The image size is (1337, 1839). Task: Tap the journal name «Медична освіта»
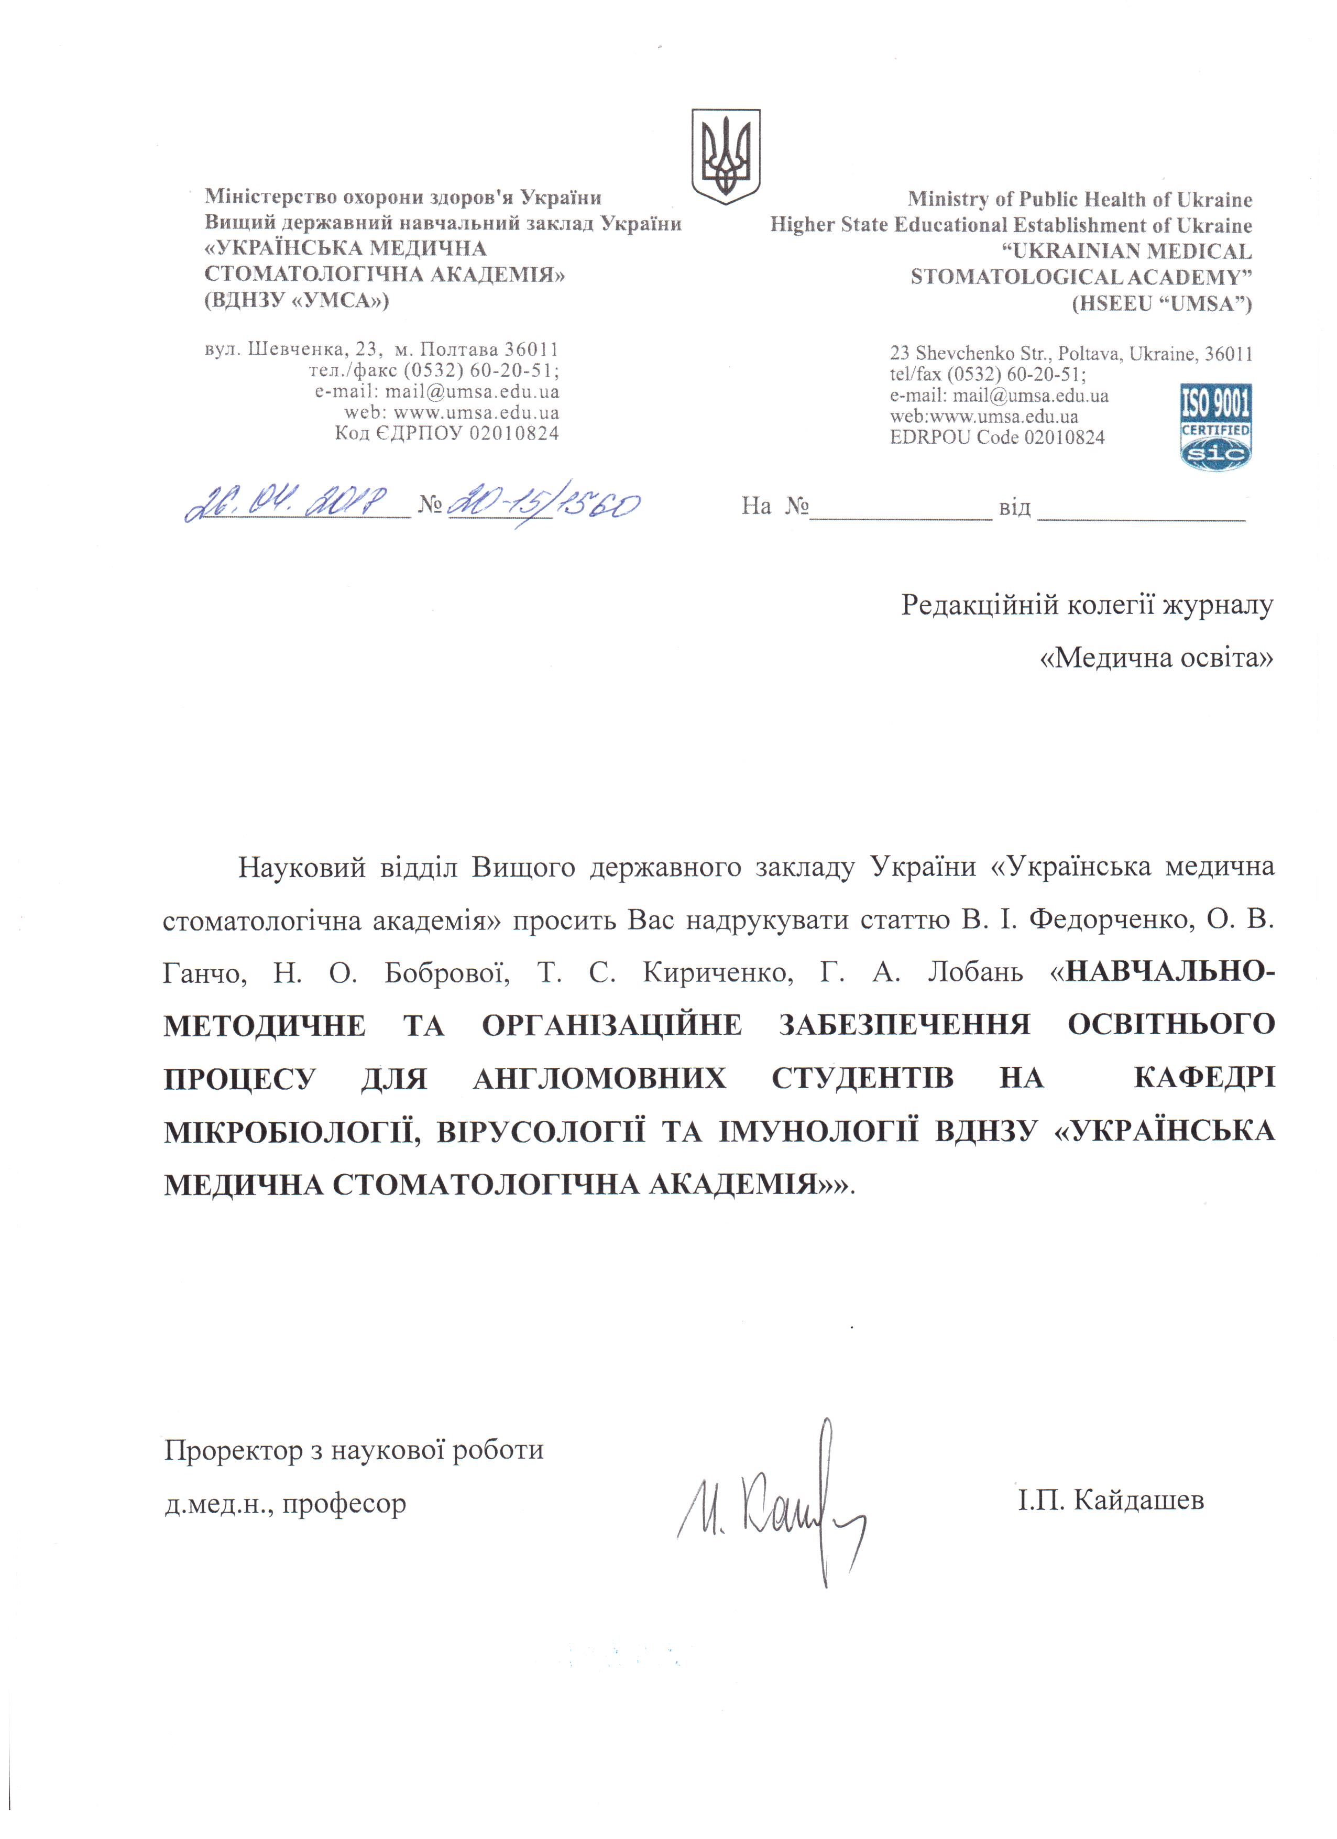(x=1156, y=658)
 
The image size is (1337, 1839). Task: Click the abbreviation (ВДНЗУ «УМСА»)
(x=297, y=301)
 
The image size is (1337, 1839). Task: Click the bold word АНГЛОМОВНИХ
(x=599, y=1078)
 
